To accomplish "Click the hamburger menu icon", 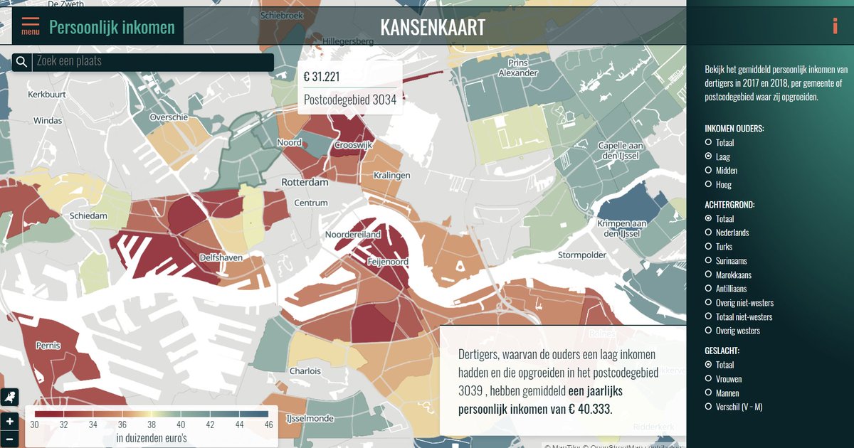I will [x=31, y=26].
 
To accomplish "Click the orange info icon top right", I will [x=835, y=26].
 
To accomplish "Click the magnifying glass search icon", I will [x=21, y=63].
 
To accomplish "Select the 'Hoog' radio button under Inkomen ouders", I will [x=708, y=184].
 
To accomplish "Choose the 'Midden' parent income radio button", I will [x=708, y=171].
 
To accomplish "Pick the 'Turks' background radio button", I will [x=708, y=247].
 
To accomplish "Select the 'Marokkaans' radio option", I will [x=708, y=274].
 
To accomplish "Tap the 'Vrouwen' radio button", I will [x=708, y=379].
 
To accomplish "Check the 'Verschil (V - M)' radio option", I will [x=708, y=407].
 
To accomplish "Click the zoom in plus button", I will [x=10, y=421].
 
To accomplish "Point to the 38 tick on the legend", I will [x=152, y=425].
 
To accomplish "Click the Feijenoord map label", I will [x=388, y=262].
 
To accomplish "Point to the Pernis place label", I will [x=48, y=346].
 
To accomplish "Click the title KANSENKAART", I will [x=433, y=27].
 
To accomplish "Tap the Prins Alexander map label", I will [x=518, y=68].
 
